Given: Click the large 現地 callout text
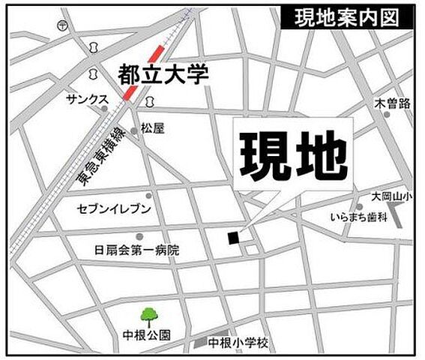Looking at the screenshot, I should [293, 156].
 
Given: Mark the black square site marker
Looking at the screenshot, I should [233, 237].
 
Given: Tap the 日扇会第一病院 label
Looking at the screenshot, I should [137, 250].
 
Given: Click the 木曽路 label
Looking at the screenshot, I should [393, 102].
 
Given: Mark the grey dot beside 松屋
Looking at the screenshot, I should [135, 130].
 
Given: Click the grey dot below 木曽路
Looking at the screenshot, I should [387, 114].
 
